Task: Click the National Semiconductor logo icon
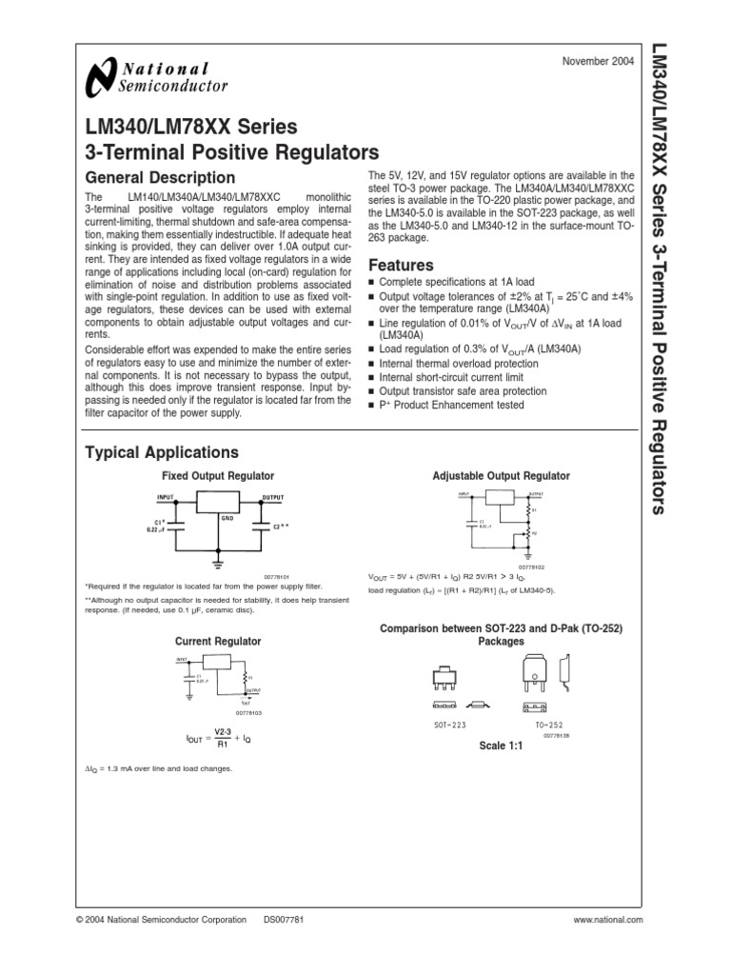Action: point(98,79)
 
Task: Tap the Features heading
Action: point(401,266)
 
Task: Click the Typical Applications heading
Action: point(162,452)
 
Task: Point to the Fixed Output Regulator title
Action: point(218,475)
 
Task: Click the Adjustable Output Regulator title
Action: point(502,475)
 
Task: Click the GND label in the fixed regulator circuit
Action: point(227,518)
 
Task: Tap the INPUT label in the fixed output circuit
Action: point(167,498)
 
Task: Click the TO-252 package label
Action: point(536,726)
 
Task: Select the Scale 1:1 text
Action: point(501,745)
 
